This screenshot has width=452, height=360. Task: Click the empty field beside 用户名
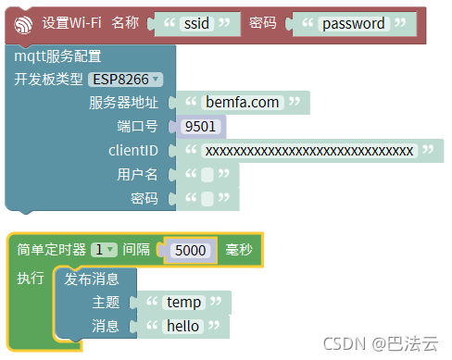pos(208,175)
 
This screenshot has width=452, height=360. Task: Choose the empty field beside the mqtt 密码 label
pos(208,199)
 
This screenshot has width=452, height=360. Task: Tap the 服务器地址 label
pos(123,103)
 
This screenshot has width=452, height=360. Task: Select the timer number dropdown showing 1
pos(104,250)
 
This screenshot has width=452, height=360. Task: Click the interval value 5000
pos(190,250)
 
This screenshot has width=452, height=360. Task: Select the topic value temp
pos(183,303)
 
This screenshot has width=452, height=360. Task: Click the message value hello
pos(182,327)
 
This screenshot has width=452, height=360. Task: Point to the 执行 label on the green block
pos(31,279)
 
